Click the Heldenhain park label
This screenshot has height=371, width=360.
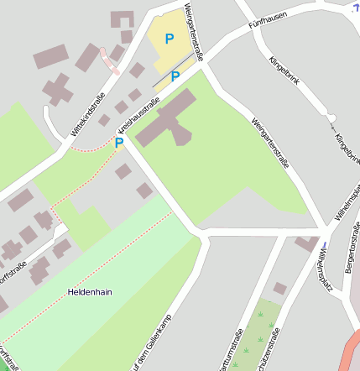point(90,292)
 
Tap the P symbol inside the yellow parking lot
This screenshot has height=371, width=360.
point(170,39)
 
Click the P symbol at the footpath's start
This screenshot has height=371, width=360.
point(119,143)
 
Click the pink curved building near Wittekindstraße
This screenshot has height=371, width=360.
point(109,60)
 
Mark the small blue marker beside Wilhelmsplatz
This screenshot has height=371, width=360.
point(323,246)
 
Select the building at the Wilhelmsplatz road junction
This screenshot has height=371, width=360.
point(306,243)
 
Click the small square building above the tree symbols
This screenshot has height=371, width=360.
point(279,288)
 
